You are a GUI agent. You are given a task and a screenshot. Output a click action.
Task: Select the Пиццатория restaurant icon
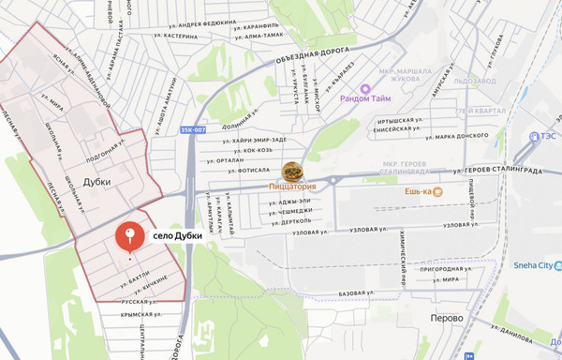tap(293, 172)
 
